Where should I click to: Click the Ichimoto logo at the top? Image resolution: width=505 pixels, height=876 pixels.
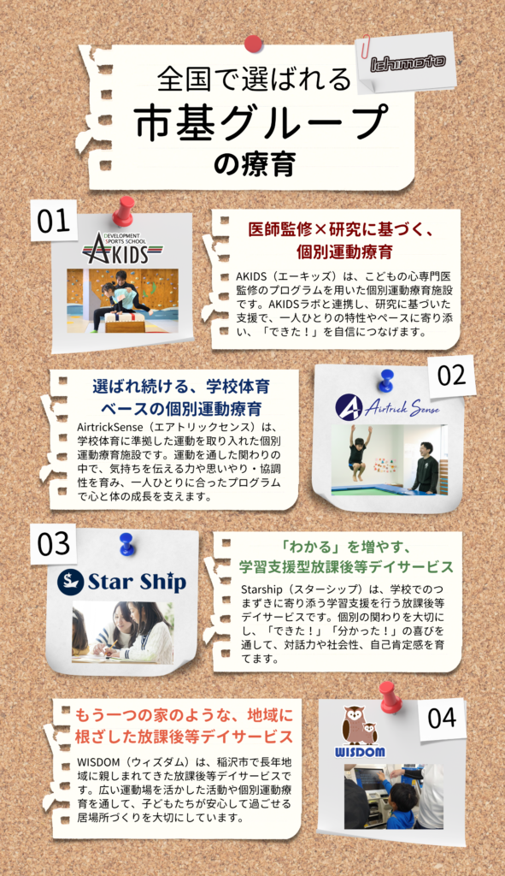pos(408,62)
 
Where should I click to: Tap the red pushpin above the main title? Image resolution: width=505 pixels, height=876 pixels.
pos(253,44)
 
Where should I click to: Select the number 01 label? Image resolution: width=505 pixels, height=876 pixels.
pos(54,222)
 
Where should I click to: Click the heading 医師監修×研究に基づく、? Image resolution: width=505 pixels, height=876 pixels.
pos(341,229)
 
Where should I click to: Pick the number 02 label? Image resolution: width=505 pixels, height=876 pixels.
pos(452,376)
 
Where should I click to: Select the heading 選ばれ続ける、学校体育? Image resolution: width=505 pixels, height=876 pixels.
pos(181,386)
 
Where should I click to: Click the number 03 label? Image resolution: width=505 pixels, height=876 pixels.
pos(54,544)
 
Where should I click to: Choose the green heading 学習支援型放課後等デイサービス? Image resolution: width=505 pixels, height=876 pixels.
pos(346,567)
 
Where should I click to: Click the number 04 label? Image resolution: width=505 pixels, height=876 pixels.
pos(442,718)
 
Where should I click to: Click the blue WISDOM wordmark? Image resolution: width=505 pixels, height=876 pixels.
pos(360,752)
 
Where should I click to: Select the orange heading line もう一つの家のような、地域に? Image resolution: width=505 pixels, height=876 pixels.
pos(185,715)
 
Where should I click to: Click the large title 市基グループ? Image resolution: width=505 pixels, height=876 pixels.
pos(261,122)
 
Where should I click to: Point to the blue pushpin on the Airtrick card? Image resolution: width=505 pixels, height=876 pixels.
pos(385,381)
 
